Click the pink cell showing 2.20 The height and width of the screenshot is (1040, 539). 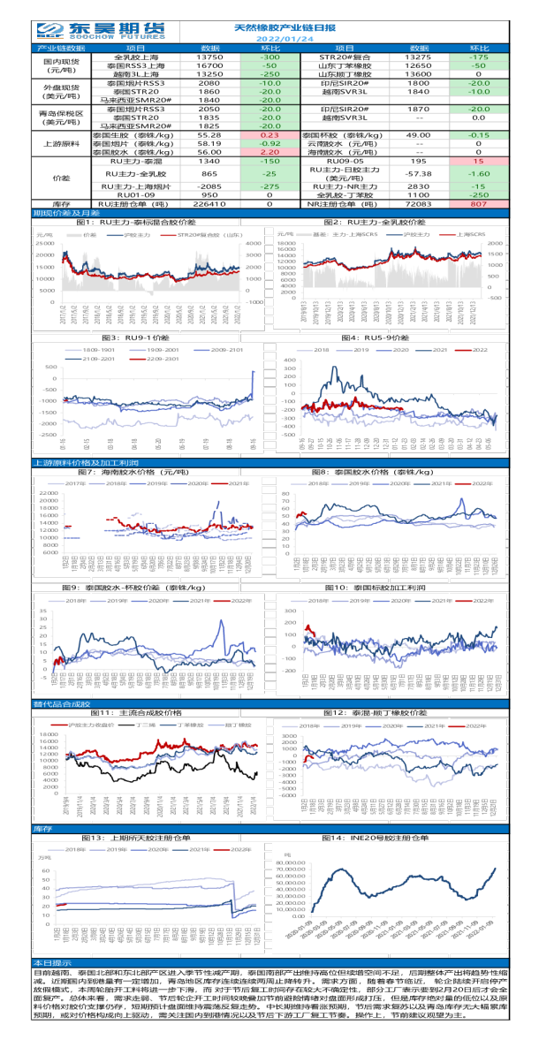pos(270,152)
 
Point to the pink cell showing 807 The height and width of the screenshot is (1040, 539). pos(478,203)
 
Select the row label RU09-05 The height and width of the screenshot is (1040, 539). pos(345,162)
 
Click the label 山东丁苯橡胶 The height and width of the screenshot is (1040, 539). pos(345,65)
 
